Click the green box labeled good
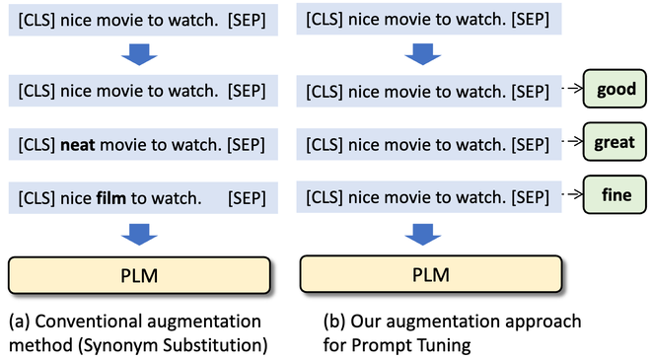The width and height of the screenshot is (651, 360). point(615,90)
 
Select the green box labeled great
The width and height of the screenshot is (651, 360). point(615,142)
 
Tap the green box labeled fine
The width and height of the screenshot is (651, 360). point(615,195)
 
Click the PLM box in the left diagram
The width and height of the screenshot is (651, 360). point(139,272)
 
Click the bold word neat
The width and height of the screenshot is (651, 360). point(78,145)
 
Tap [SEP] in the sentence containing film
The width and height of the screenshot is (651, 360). point(246,197)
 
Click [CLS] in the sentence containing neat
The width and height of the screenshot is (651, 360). point(36,145)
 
